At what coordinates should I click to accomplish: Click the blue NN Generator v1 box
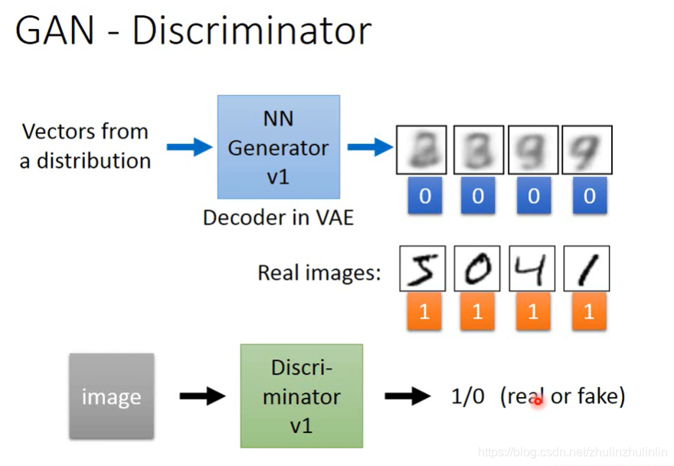pyautogui.click(x=278, y=147)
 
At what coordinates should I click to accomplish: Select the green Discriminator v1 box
pyautogui.click(x=301, y=395)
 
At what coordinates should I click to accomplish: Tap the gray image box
pyautogui.click(x=111, y=395)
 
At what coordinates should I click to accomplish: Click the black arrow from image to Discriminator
pyautogui.click(x=202, y=396)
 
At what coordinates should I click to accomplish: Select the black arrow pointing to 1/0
pyautogui.click(x=407, y=396)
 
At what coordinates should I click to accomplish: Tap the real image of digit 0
pyautogui.click(x=478, y=269)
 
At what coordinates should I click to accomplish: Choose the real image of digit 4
pyautogui.click(x=533, y=269)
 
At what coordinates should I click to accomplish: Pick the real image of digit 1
pyautogui.click(x=587, y=269)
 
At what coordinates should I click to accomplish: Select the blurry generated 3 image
pyautogui.click(x=478, y=150)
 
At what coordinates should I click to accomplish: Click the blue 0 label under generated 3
pyautogui.click(x=478, y=196)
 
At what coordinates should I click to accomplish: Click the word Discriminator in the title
pyautogui.click(x=251, y=31)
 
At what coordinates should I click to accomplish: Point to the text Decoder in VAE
pyautogui.click(x=278, y=218)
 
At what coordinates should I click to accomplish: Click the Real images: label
pyautogui.click(x=319, y=272)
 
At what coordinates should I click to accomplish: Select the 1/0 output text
pyautogui.click(x=468, y=396)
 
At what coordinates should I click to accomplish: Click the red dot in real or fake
pyautogui.click(x=538, y=400)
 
